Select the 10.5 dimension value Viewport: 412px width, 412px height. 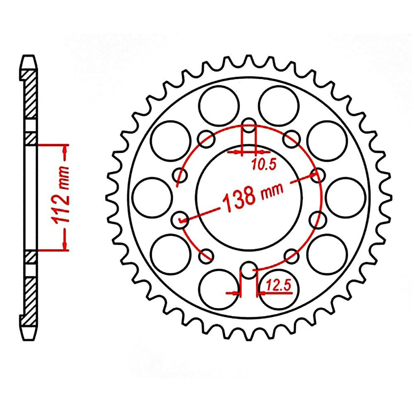[x=264, y=165]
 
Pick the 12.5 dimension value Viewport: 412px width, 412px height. [x=279, y=285]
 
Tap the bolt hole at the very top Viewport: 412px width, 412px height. [x=249, y=125]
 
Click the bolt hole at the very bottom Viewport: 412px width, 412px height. [x=249, y=270]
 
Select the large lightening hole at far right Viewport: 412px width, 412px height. [x=346, y=197]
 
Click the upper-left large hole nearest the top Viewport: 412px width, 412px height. [x=219, y=106]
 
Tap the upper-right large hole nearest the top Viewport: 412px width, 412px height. [x=279, y=106]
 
